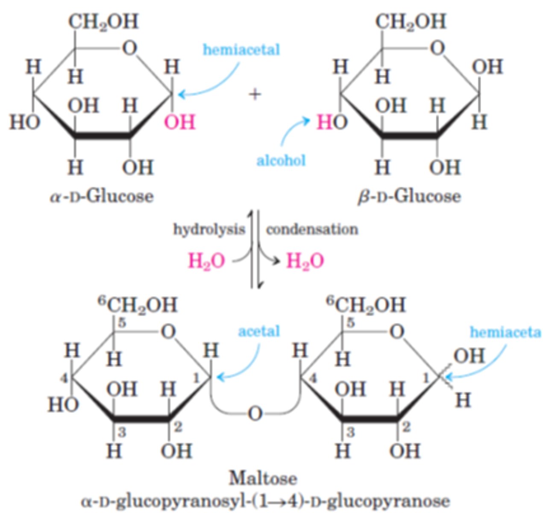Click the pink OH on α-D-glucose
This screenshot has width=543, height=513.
(x=180, y=122)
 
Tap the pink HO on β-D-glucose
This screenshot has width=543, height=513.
(x=332, y=122)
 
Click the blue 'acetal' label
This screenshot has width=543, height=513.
(x=259, y=331)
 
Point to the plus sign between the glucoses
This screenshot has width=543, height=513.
(x=255, y=94)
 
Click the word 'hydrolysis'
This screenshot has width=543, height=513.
(x=209, y=229)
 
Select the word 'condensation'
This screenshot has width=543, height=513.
(x=312, y=229)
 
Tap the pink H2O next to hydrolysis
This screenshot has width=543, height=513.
(x=206, y=261)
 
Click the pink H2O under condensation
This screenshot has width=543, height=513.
(x=305, y=261)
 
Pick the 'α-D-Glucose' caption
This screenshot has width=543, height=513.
(x=102, y=196)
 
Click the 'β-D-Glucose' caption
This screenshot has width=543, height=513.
(x=409, y=196)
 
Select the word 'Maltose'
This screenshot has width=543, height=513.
(x=263, y=478)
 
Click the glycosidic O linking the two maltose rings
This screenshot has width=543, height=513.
(x=255, y=413)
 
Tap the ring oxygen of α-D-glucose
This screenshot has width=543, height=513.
(x=129, y=48)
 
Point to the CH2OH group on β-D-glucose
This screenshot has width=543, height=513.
(x=411, y=21)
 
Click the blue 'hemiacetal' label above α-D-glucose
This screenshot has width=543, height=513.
(x=241, y=50)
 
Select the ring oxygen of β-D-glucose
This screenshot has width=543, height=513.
(x=437, y=48)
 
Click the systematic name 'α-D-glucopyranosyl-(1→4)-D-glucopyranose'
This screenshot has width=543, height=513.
(x=265, y=501)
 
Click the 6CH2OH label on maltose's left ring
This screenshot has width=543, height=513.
(x=138, y=304)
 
